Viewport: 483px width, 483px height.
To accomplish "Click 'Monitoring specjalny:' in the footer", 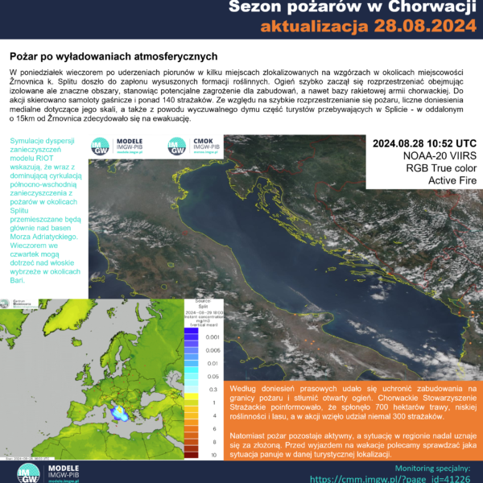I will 436,466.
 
